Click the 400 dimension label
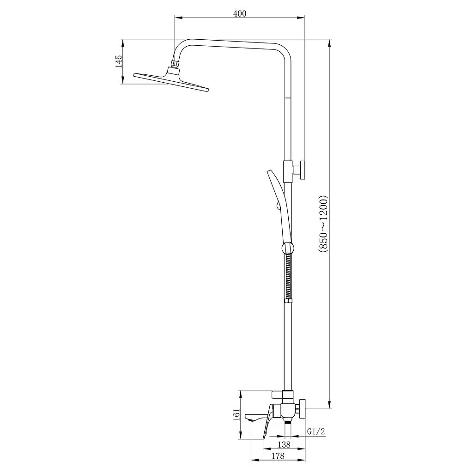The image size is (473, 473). point(240,13)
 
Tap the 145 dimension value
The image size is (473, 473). point(119,61)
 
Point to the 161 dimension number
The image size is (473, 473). point(236,414)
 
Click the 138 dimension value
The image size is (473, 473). point(284,444)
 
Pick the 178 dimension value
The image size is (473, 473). point(278,456)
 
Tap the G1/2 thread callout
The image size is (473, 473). point(316,432)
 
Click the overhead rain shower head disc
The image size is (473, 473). point(171,81)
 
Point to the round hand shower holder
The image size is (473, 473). point(288,248)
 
